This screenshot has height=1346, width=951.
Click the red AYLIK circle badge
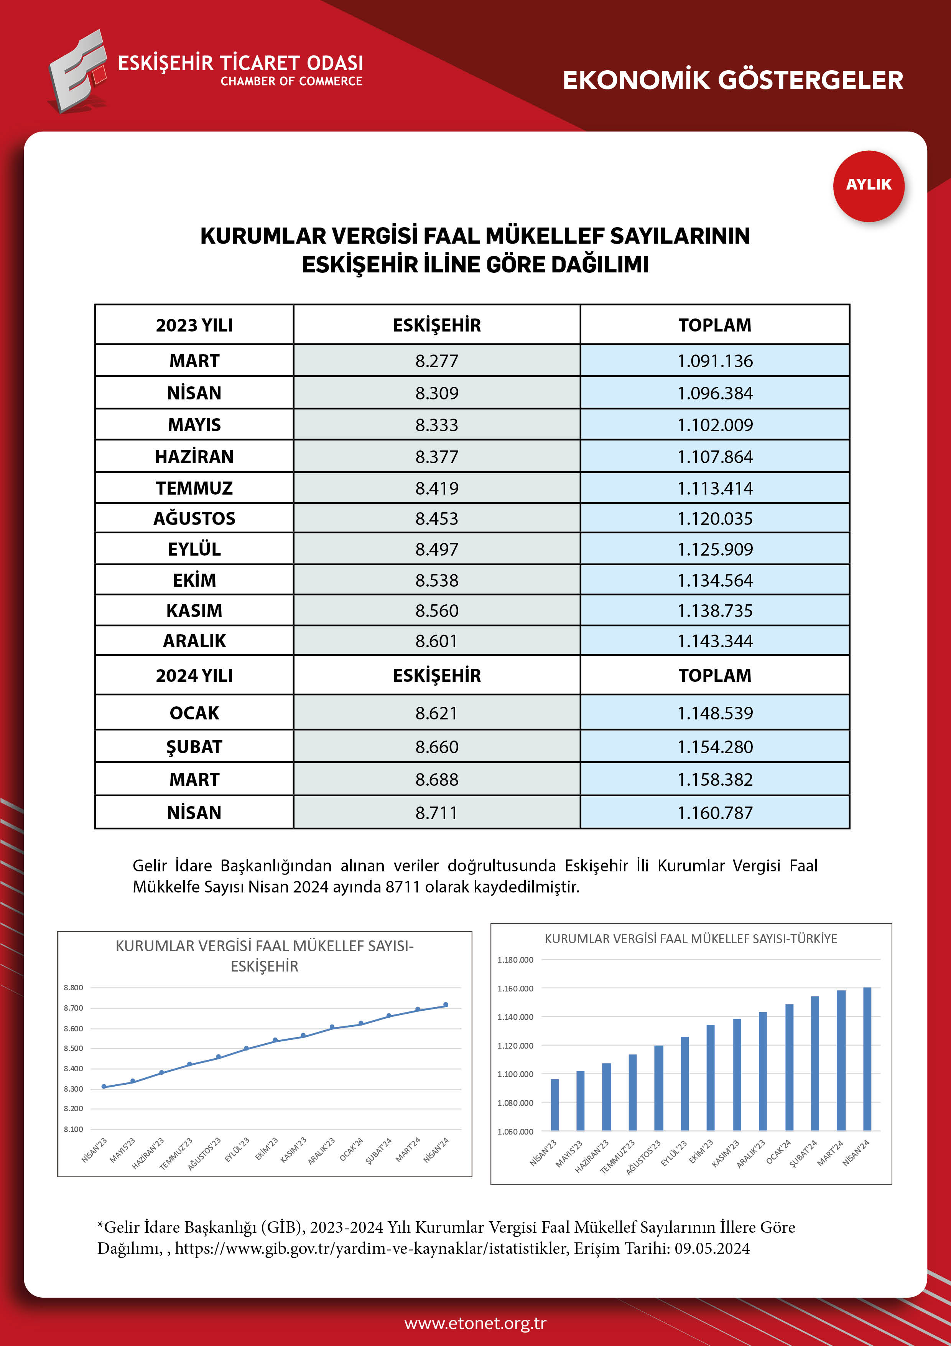pyautogui.click(x=869, y=186)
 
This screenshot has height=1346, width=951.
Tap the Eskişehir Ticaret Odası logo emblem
pyautogui.click(x=78, y=71)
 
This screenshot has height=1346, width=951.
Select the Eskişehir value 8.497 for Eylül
pyautogui.click(x=436, y=549)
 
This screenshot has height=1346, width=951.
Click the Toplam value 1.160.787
pyautogui.click(x=715, y=813)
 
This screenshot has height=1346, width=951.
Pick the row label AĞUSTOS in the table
pyautogui.click(x=194, y=518)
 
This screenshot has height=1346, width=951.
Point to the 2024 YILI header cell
pyautogui.click(x=194, y=675)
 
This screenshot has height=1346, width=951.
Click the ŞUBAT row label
pyautogui.click(x=194, y=747)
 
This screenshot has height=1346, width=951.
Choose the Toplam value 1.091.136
pyautogui.click(x=715, y=361)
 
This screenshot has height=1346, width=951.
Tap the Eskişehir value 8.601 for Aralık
pyautogui.click(x=436, y=641)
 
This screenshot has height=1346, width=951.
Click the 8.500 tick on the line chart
pyautogui.click(x=73, y=1048)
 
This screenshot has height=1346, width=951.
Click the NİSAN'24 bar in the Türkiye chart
pyautogui.click(x=867, y=1059)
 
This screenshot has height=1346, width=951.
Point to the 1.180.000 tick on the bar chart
pyautogui.click(x=515, y=960)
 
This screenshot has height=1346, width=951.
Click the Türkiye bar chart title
pyautogui.click(x=691, y=939)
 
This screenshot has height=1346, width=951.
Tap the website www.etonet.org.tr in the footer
pyautogui.click(x=475, y=1323)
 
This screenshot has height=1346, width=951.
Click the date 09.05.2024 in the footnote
pyautogui.click(x=712, y=1248)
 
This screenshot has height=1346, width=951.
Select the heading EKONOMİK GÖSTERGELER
pyautogui.click(x=732, y=80)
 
